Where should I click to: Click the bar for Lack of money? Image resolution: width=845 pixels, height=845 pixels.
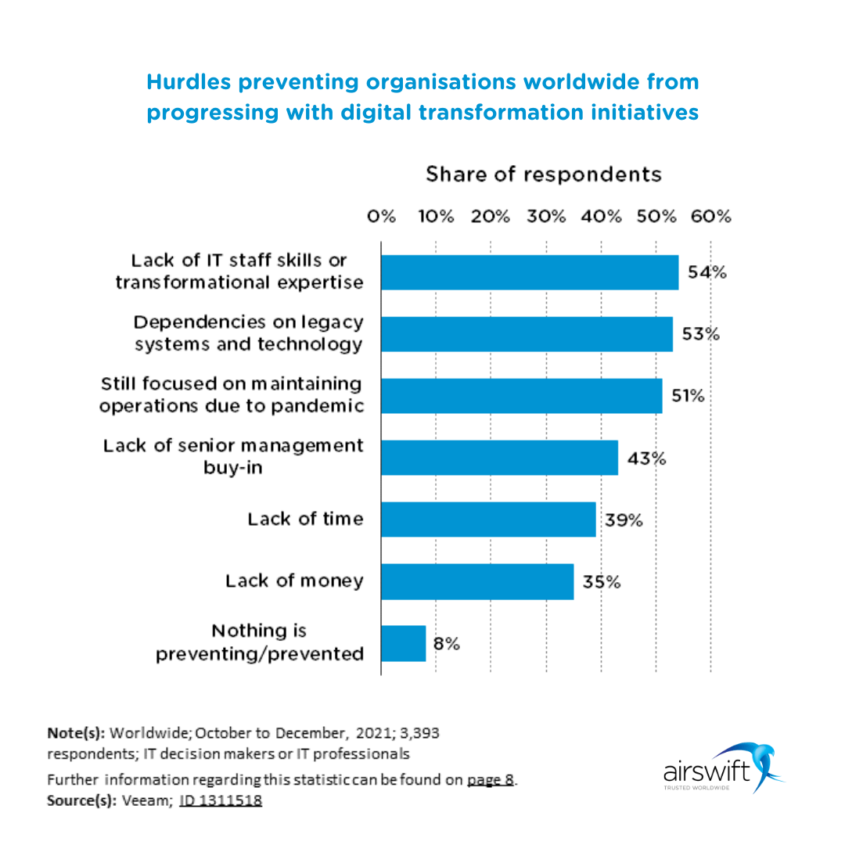pos(477,581)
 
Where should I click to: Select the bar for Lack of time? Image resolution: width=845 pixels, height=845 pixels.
pos(488,520)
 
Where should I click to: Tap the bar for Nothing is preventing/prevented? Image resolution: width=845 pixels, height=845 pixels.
pos(404,643)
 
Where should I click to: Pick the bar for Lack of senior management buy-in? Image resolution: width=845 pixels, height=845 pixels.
pos(499,458)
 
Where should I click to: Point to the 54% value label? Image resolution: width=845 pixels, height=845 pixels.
pos(707,272)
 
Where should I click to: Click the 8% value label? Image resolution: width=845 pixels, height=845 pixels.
pos(447,644)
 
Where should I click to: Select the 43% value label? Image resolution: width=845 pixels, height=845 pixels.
pos(646,458)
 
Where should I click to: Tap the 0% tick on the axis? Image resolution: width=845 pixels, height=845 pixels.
pos(382,217)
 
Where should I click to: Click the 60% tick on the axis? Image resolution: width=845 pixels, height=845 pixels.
pos(711,217)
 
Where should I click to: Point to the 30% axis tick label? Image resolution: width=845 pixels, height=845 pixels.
pos(546,217)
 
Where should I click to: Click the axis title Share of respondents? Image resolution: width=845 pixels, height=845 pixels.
pos(543,174)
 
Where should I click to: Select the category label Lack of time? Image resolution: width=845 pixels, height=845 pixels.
pos(305,519)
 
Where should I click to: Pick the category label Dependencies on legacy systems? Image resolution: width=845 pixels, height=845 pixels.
pos(248,333)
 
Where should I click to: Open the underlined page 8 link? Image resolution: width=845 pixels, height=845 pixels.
pos(491,780)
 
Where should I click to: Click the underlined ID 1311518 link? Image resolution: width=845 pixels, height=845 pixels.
pos(221,801)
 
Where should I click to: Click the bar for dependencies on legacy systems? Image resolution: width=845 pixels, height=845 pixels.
pos(527,334)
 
